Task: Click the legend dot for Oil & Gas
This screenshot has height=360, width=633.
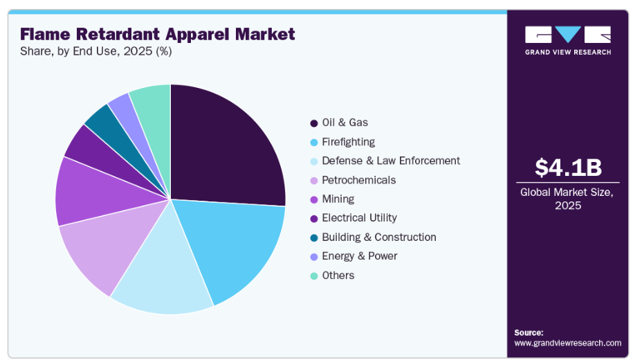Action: [x=313, y=123]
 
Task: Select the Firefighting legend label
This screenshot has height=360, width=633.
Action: [x=348, y=142]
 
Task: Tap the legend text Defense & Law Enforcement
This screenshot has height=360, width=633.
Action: [x=391, y=161]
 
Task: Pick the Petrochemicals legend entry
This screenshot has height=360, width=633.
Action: [x=358, y=180]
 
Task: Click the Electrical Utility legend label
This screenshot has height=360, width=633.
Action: [x=359, y=218]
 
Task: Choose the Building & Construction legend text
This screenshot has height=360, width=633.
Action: [x=379, y=237]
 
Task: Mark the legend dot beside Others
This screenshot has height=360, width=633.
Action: [x=313, y=276]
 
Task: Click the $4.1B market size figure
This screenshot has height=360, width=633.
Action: [x=567, y=168]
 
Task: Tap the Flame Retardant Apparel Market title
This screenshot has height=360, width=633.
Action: [x=157, y=34]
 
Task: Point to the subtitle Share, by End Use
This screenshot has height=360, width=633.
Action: [x=96, y=51]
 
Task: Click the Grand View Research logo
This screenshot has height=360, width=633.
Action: [x=568, y=39]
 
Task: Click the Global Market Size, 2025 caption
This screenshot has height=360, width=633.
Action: [x=567, y=199]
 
